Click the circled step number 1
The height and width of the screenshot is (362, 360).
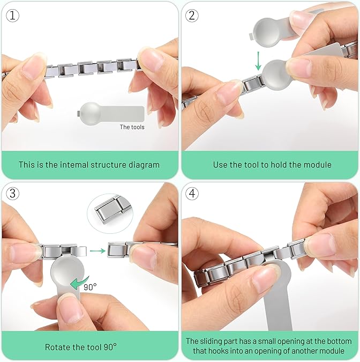point(12,16)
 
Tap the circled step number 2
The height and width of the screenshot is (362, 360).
point(192,16)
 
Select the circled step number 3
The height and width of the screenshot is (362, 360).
point(12,193)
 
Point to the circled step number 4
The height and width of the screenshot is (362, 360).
point(192,193)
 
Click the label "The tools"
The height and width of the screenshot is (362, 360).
point(132,127)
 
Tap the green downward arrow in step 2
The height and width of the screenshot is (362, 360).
point(258,61)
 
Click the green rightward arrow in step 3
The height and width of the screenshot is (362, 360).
point(97,250)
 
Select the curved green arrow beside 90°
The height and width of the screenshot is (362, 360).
point(79,283)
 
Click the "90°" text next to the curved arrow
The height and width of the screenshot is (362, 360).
point(90,287)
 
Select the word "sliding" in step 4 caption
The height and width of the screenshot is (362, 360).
point(211,341)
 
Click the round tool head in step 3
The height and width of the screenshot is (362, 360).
point(67,271)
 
